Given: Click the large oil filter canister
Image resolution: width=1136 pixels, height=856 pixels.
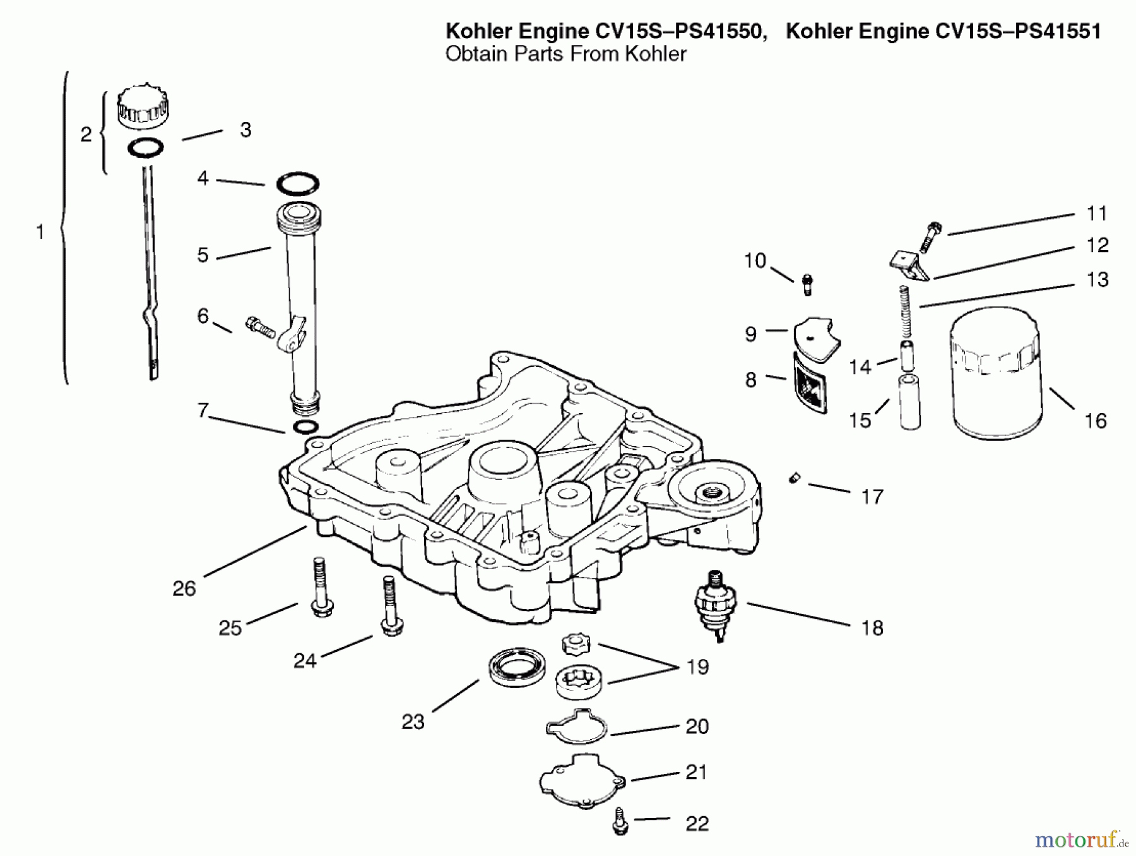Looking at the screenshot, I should [x=996, y=374].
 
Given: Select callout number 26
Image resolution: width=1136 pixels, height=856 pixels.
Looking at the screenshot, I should [x=184, y=589].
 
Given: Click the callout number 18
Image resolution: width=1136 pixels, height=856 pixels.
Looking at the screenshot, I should [x=872, y=628].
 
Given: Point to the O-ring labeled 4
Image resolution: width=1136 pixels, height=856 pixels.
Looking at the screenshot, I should [x=297, y=184].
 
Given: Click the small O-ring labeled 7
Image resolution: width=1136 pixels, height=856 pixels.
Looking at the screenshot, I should [x=305, y=427].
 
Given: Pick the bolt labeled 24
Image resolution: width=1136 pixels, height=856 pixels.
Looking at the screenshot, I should [x=390, y=606].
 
